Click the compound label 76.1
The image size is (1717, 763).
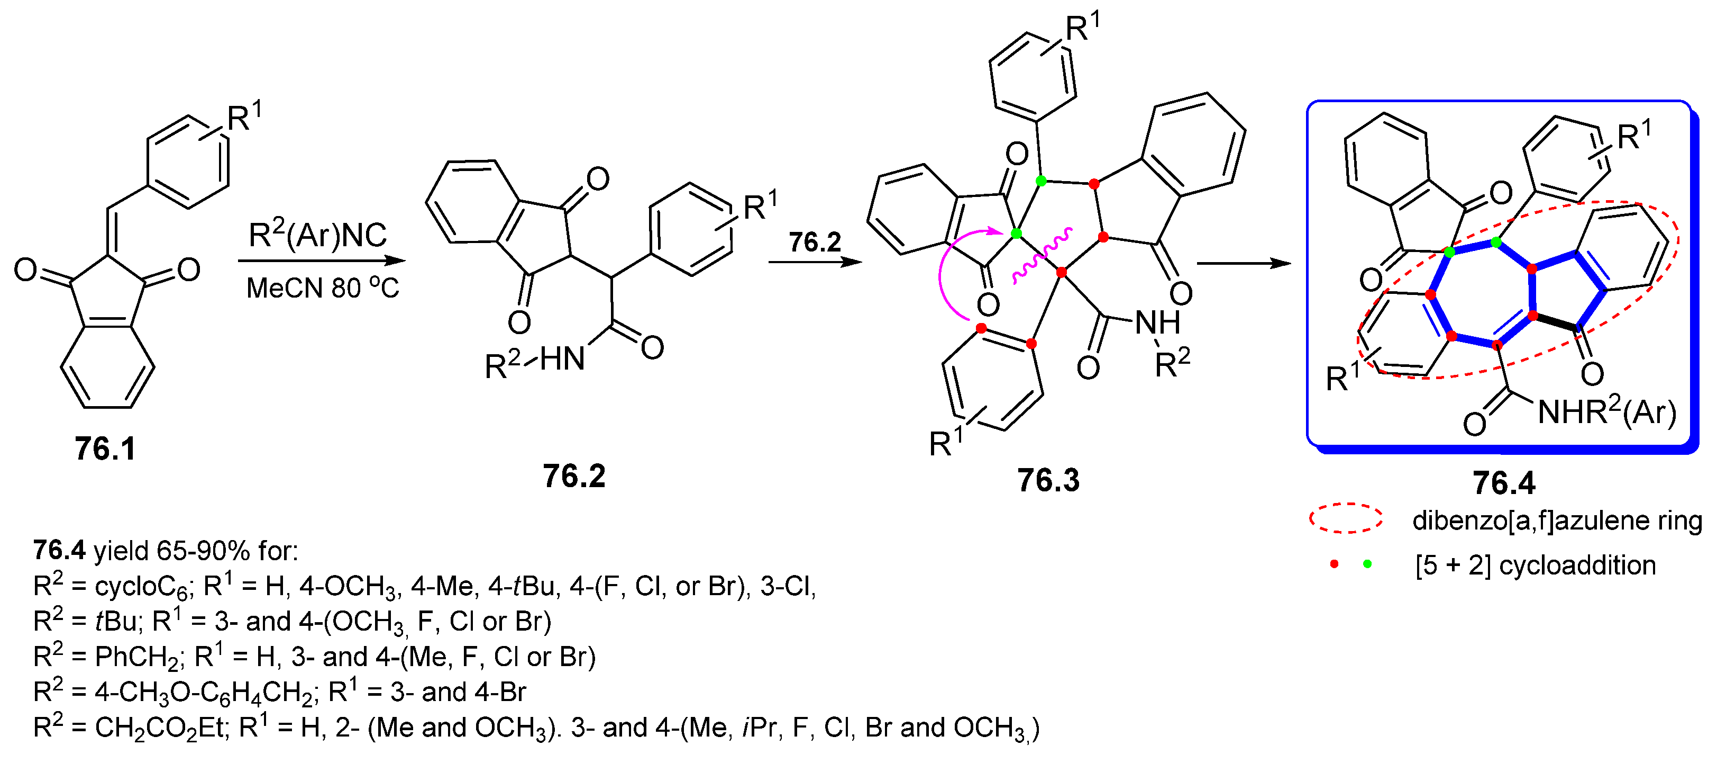(105, 448)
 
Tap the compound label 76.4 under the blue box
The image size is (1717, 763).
(1503, 483)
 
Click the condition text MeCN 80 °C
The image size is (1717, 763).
(323, 288)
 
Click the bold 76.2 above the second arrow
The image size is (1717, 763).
(815, 242)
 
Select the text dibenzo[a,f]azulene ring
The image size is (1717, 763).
(1556, 520)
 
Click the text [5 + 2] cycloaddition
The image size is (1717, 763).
(1535, 565)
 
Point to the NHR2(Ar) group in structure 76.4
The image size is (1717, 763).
(1606, 411)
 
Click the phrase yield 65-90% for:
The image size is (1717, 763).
(196, 551)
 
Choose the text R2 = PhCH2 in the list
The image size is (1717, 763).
(107, 657)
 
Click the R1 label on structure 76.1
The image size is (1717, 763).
(244, 116)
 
